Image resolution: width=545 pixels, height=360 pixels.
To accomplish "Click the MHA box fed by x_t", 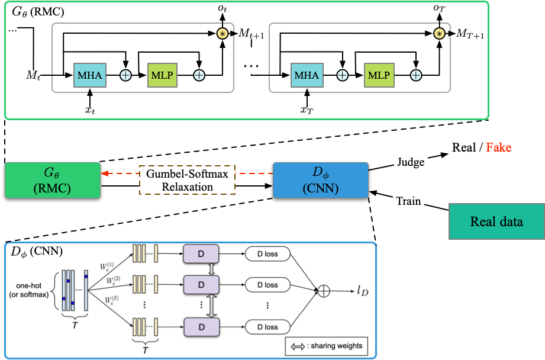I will pyautogui.click(x=89, y=75).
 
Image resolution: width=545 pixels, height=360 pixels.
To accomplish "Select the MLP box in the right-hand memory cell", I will pyautogui.click(x=379, y=75).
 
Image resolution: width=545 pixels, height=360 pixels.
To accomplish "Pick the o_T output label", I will pyautogui.click(x=438, y=8).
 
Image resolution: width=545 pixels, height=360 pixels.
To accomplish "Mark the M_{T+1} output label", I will pyautogui.click(x=470, y=34).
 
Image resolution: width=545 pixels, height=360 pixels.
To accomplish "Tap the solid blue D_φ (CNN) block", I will pyautogui.click(x=320, y=181).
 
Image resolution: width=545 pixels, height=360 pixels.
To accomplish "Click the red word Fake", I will pyautogui.click(x=499, y=147).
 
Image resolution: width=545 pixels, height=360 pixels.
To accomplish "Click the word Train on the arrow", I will pyautogui.click(x=408, y=201).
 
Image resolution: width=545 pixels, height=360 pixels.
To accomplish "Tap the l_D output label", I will pyautogui.click(x=362, y=291).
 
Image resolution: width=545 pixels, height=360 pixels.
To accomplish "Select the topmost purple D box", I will pyautogui.click(x=202, y=254).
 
